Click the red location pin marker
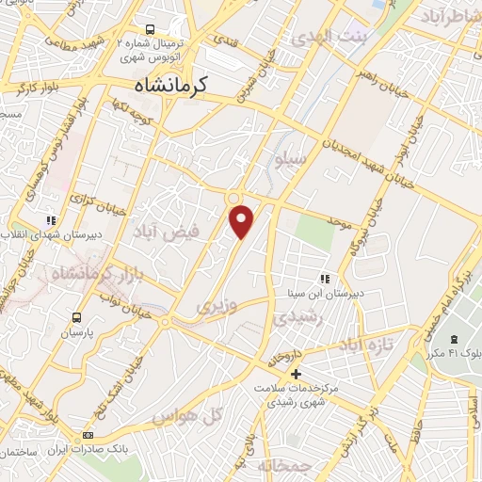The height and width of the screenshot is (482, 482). click(242, 220)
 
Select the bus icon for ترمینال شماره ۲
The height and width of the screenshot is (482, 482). click(152, 29)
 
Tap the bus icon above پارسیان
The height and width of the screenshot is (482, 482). click(76, 317)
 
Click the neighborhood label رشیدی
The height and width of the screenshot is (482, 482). click(298, 318)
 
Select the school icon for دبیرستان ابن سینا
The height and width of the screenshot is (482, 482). click(325, 279)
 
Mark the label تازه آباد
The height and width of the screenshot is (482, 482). click(361, 345)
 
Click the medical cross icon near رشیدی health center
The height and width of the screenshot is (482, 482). click(296, 373)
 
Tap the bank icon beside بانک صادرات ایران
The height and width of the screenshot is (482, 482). click(89, 435)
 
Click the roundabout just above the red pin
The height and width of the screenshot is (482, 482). click(232, 197)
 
